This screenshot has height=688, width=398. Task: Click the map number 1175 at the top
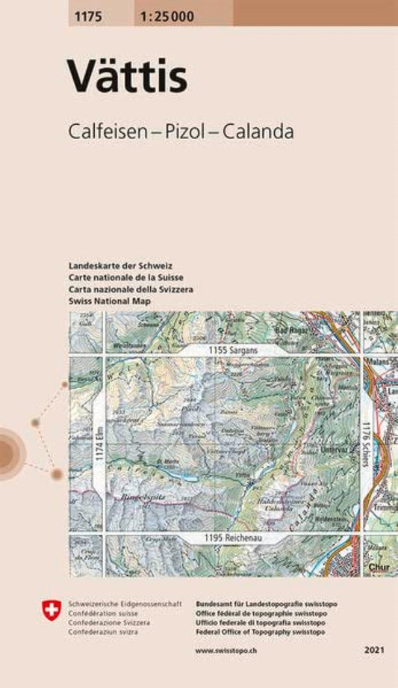89,13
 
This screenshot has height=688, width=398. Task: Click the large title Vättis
128,76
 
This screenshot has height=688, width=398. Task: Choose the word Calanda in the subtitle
262,131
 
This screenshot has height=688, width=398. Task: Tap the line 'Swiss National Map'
109,300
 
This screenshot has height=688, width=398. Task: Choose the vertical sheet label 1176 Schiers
365,445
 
